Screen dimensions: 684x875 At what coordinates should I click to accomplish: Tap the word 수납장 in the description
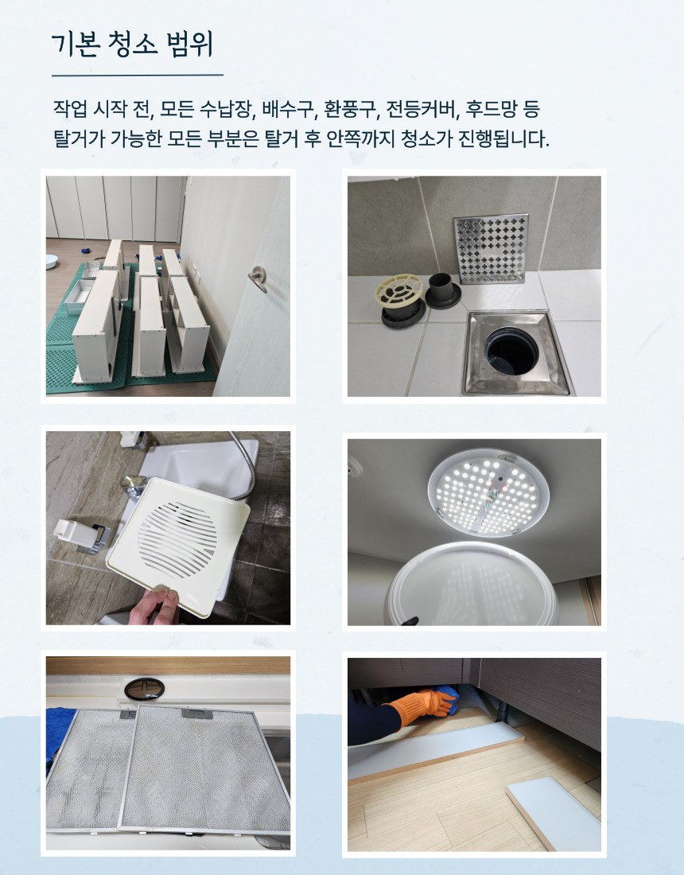click(227, 108)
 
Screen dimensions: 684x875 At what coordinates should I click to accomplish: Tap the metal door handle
click(258, 278)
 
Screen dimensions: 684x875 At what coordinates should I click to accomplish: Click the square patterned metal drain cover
click(490, 247)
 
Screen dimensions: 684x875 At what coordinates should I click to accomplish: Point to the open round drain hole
click(511, 352)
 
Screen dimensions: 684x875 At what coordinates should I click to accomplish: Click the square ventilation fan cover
click(177, 545)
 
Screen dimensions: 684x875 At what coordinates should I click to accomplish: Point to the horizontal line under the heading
click(138, 74)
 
